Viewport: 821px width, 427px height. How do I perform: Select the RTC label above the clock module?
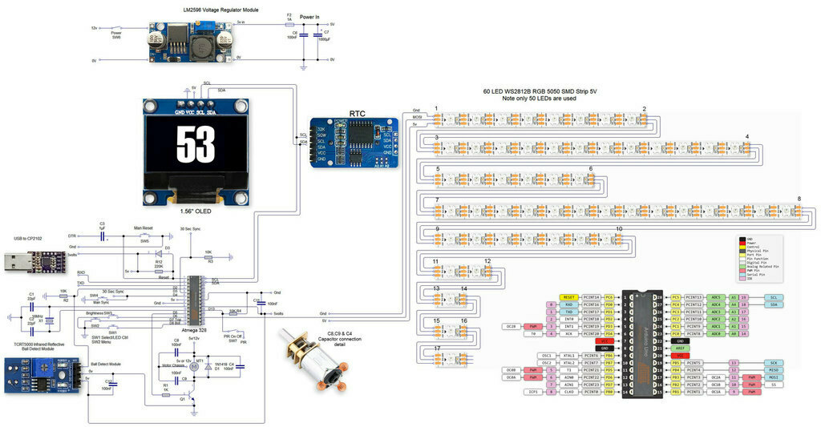pos(358,114)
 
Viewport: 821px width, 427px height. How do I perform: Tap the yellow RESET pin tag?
pos(569,297)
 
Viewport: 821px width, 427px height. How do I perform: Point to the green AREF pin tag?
pos(679,348)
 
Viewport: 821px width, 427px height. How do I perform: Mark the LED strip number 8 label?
pos(799,199)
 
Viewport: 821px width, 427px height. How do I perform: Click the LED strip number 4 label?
pos(747,137)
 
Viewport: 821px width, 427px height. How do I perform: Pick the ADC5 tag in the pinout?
pos(716,297)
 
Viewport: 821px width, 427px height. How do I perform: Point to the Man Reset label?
pos(144,229)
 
